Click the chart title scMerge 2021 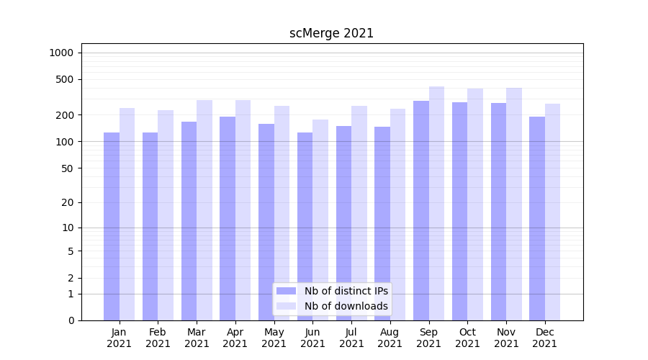pos(331,33)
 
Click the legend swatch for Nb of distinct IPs pos(287,291)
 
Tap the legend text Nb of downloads pos(346,306)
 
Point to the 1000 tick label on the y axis pos(61,53)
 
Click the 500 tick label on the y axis pos(65,79)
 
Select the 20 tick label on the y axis pos(68,202)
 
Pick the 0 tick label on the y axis pos(71,320)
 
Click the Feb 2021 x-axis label pos(158,338)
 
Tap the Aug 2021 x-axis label pos(390,338)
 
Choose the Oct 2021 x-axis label pos(467,338)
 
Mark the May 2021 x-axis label pos(274,338)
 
